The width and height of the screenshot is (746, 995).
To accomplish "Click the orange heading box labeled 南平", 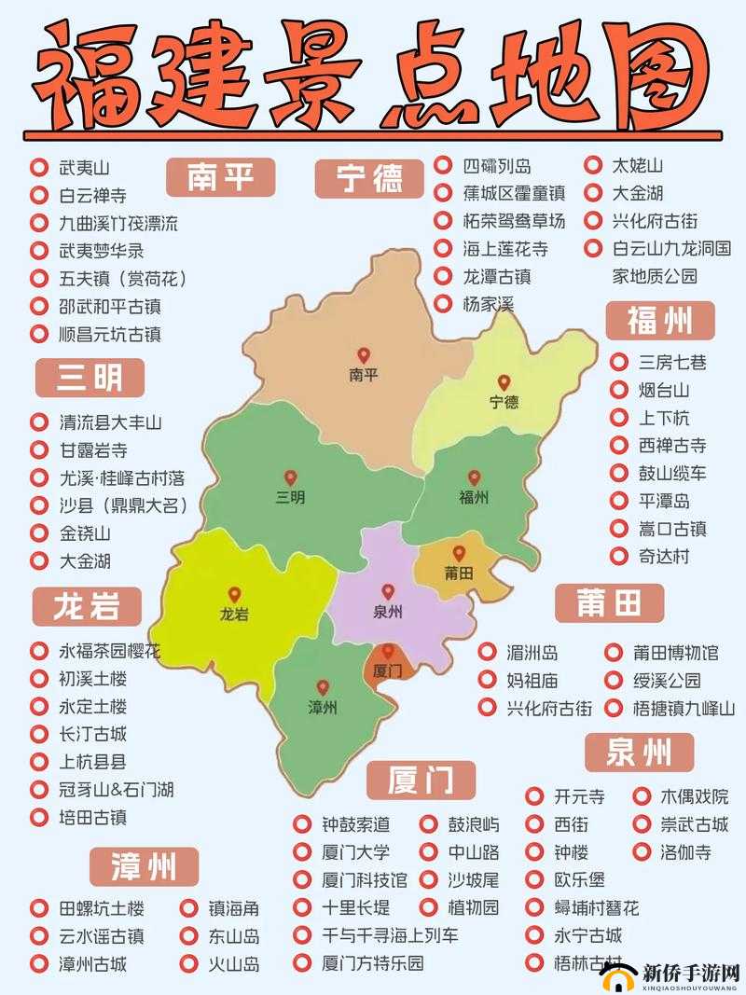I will coord(222,175).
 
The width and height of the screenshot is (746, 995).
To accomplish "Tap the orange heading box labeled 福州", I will coord(660,321).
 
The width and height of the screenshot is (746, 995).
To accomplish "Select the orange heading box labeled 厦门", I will coord(421,780).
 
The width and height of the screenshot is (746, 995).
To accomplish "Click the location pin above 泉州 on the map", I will coord(388,591).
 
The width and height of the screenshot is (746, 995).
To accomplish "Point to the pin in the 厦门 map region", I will coord(387,651).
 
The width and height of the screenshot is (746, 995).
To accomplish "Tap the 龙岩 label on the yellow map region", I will coord(234,615).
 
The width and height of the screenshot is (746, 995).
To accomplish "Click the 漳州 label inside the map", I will coord(323,707).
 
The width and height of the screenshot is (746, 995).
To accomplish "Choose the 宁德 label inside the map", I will coord(504,402).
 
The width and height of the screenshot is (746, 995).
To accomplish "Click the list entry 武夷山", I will coord(85,168).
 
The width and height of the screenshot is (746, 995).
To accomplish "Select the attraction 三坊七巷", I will coord(672,362).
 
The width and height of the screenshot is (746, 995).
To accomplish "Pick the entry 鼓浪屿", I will coord(473,824).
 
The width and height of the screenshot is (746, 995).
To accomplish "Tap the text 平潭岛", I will coord(664,501).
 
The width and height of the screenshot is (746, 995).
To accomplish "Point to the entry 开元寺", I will coord(579,796).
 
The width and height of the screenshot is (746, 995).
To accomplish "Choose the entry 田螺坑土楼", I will coord(102,908).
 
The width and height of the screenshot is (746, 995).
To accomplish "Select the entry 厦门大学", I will coord(356,852).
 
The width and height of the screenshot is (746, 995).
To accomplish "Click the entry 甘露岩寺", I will coord(93,450).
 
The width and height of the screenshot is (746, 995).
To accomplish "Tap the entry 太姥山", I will coord(637,166).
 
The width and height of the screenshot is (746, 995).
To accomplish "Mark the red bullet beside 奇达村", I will coord(619,557).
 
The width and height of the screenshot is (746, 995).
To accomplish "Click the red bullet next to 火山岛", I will coord(188,964).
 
